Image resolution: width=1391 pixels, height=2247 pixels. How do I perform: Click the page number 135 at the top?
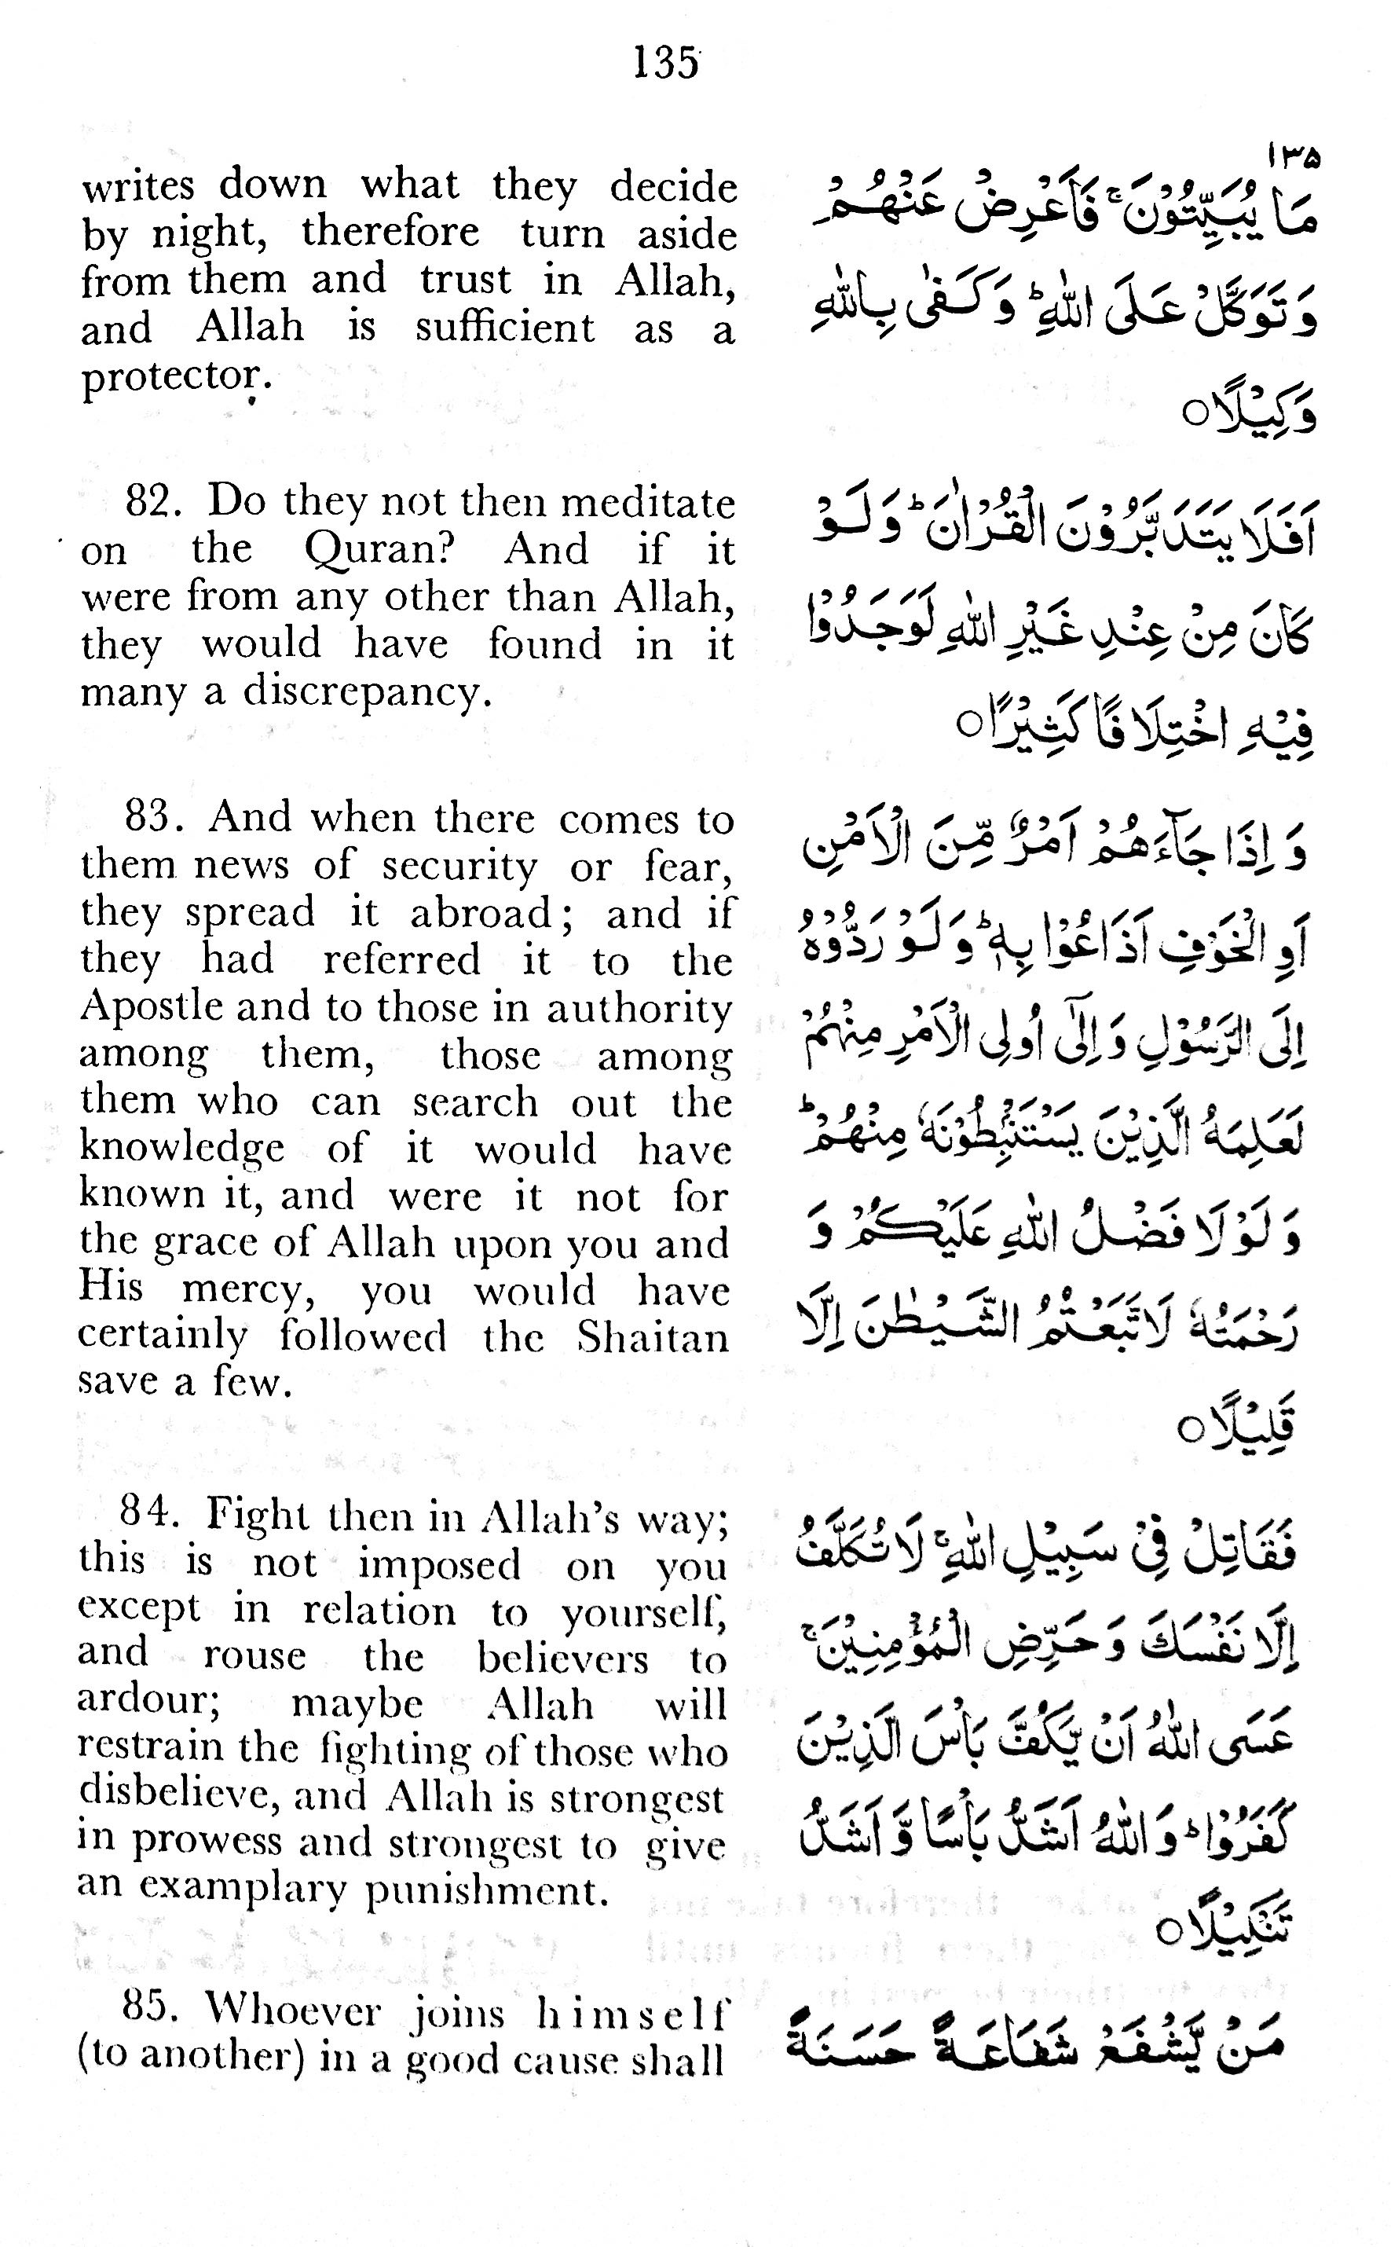tap(665, 64)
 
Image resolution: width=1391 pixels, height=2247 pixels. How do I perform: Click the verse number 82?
tap(152, 501)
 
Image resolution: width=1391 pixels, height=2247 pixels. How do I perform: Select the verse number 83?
tap(152, 817)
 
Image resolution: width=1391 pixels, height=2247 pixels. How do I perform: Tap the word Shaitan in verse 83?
tap(652, 1337)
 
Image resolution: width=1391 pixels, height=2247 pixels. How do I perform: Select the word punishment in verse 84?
tap(487, 1890)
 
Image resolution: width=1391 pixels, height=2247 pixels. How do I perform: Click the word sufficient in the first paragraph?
tap(504, 328)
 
